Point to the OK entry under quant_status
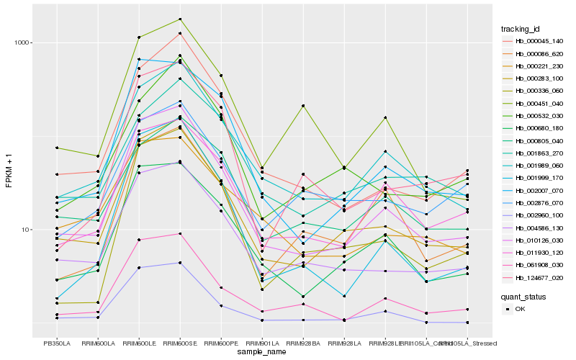point(525,309)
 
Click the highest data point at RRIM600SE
point(180,19)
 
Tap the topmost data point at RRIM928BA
point(303,106)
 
